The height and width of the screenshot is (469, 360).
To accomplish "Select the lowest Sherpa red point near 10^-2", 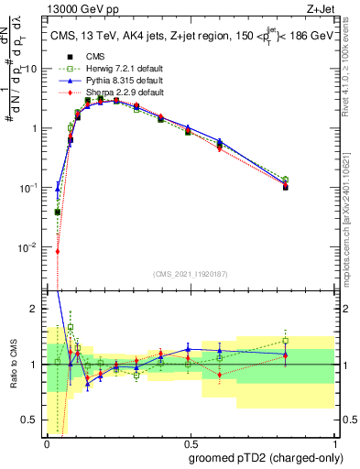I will [x=57, y=251].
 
